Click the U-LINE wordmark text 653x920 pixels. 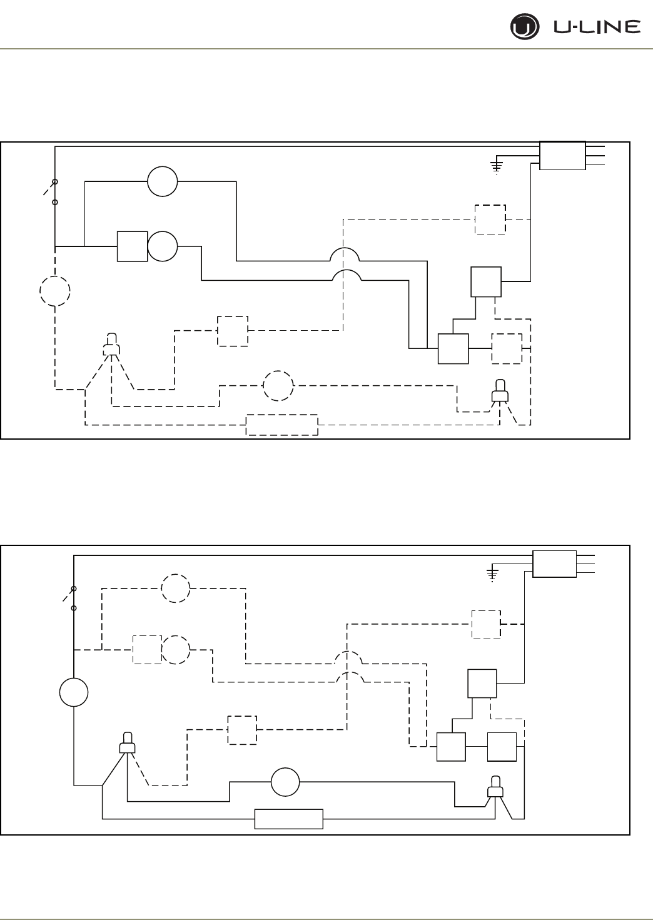pos(597,27)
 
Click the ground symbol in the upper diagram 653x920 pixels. pos(496,166)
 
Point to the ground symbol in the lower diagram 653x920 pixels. pos(494,574)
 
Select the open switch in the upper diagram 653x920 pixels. pos(51,191)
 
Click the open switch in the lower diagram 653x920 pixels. pos(70,598)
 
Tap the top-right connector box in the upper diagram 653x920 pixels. pos(562,155)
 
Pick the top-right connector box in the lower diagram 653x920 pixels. pos(554,564)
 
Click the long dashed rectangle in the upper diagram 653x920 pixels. pos(282,425)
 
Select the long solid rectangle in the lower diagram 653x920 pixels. pos(289,819)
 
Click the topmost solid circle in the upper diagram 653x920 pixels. pos(163,181)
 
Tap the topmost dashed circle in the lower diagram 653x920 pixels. pos(176,588)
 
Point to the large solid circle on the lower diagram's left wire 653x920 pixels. pos(74,693)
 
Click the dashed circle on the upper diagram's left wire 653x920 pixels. pos(55,291)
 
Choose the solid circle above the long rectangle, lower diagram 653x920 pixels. pos(285,782)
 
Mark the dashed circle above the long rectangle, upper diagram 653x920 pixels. pos(278,386)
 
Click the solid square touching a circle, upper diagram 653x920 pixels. pos(133,246)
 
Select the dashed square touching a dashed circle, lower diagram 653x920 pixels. pos(147,650)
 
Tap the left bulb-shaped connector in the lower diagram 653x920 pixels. pos(128,744)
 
